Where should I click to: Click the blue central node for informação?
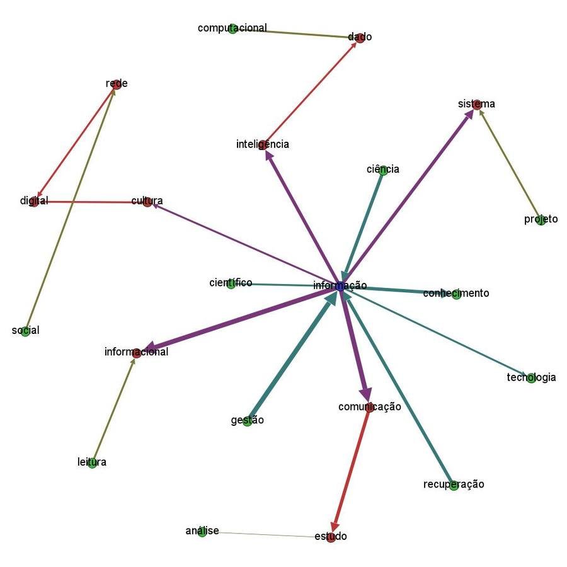tap(341, 287)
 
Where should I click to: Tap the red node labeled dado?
tap(360, 37)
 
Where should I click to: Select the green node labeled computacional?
tap(232, 28)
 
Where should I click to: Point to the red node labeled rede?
tap(116, 84)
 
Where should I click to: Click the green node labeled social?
tap(25, 331)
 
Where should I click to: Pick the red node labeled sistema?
tap(476, 104)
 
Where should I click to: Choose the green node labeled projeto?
tap(541, 220)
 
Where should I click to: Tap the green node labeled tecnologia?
tap(531, 378)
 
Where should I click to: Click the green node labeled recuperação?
tap(454, 485)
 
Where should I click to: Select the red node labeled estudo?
tap(331, 537)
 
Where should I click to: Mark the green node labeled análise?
tap(202, 532)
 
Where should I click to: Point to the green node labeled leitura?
tap(92, 463)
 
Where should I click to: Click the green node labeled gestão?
tap(247, 421)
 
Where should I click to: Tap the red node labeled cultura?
tap(147, 202)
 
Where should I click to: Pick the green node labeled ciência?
tap(382, 169)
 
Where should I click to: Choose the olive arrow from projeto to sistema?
tap(508, 162)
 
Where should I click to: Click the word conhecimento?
tap(455, 294)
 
